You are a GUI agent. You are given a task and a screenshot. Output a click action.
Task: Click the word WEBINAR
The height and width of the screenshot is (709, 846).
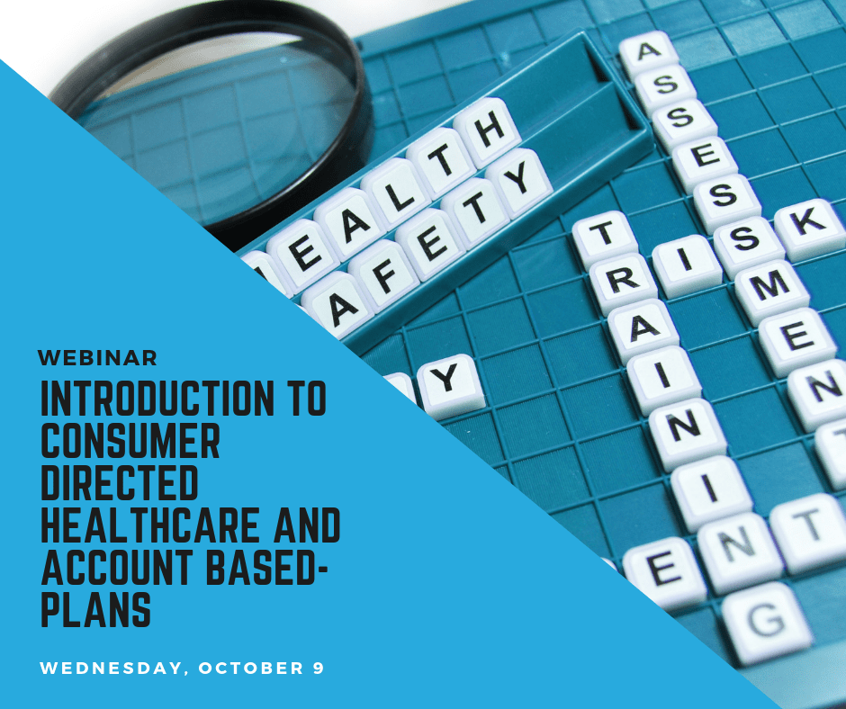click(x=98, y=358)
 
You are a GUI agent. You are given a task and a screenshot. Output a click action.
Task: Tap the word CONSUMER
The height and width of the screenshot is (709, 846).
click(x=130, y=440)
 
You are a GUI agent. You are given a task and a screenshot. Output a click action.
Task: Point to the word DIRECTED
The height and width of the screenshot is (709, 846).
click(x=120, y=483)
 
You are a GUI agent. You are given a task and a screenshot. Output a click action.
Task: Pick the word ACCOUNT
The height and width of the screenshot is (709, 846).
click(x=116, y=568)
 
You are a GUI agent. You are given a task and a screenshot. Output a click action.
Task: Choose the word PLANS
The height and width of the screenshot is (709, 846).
click(x=95, y=610)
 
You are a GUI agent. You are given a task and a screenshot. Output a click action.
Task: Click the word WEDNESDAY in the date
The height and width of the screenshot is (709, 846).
click(x=111, y=668)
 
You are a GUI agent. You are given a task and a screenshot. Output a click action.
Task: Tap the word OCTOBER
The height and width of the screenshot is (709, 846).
click(x=251, y=668)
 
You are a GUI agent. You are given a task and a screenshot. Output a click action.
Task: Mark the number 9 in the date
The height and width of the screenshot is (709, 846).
click(x=318, y=668)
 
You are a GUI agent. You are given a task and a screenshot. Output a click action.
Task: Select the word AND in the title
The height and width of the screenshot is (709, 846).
click(x=307, y=525)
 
